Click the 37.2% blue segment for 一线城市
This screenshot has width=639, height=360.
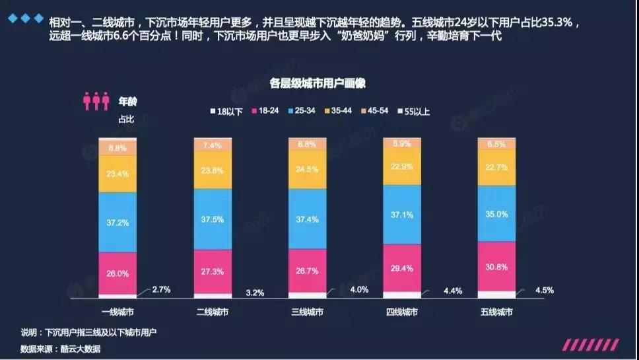(x=118, y=222)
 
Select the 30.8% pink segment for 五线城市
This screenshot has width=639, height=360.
(x=496, y=266)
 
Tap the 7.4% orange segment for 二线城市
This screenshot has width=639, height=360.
(x=213, y=145)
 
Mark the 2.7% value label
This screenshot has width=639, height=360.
(x=162, y=290)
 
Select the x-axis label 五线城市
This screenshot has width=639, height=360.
(x=496, y=312)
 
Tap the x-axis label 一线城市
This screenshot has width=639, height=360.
(x=118, y=312)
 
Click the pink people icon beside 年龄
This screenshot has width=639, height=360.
(x=96, y=101)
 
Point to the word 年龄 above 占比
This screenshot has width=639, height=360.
(x=128, y=102)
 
